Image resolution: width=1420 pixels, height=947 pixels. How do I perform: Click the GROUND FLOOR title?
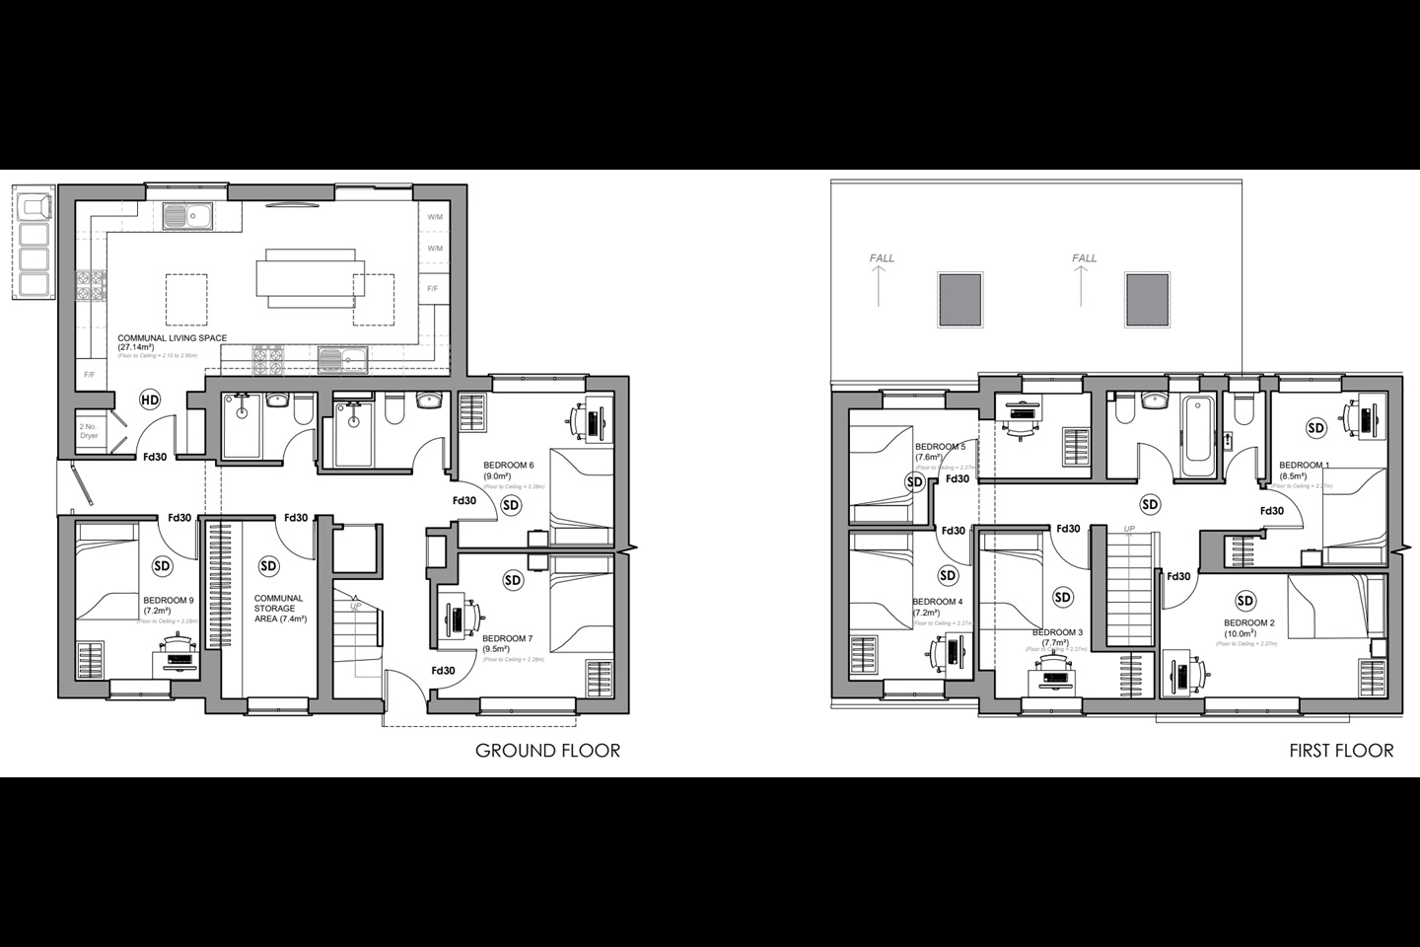547,751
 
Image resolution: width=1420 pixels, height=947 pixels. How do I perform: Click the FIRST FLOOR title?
1341,751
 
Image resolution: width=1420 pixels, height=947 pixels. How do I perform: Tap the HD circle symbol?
150,400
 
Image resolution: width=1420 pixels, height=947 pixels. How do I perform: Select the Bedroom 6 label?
508,465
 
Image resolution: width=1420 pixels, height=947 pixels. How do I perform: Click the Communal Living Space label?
172,338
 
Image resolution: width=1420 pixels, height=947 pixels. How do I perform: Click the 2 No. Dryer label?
89,430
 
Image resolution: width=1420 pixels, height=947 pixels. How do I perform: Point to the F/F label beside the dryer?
89,375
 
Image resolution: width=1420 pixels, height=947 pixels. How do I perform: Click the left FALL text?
882,258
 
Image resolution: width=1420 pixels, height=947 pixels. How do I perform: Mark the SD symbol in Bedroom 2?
1245,601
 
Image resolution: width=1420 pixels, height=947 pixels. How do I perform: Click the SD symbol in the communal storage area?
267,566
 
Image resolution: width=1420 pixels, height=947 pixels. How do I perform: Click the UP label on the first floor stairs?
1130,530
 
